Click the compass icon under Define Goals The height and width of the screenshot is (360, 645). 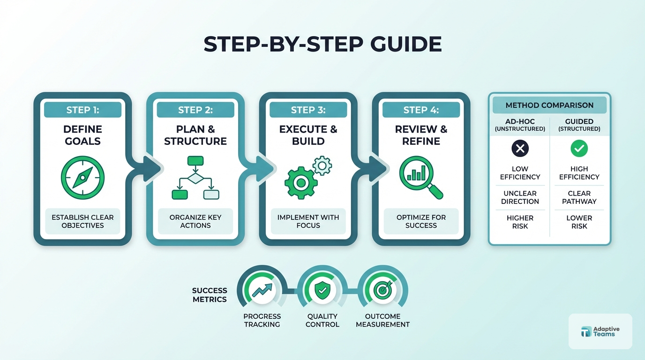click(x=82, y=178)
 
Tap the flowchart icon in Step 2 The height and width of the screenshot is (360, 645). click(x=195, y=178)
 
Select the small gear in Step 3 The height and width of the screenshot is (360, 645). click(x=322, y=165)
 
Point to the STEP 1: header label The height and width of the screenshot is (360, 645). click(x=82, y=110)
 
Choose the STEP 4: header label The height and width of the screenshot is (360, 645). click(x=421, y=110)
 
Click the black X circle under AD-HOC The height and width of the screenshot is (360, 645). click(x=520, y=149)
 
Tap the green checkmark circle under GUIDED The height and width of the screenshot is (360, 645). click(x=579, y=149)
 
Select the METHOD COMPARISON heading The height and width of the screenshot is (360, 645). click(x=549, y=105)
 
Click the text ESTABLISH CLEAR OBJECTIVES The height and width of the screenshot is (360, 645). click(x=82, y=221)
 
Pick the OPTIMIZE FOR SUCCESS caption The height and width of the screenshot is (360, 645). click(x=421, y=221)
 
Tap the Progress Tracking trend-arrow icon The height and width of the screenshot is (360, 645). click(x=262, y=291)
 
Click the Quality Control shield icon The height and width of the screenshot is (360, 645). click(x=322, y=291)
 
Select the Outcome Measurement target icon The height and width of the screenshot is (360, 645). click(x=382, y=291)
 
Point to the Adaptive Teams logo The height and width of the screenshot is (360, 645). click(x=600, y=331)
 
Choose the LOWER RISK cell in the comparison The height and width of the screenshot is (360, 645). click(x=579, y=222)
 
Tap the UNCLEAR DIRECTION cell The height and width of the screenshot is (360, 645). click(x=520, y=197)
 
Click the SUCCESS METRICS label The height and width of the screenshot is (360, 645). click(x=210, y=295)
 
